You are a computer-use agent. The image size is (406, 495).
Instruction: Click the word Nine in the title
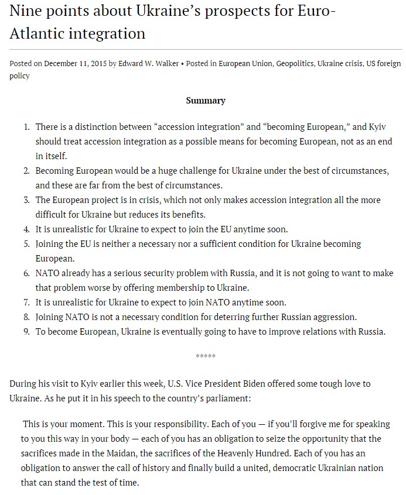[25, 12]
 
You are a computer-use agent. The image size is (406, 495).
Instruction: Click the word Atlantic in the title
[37, 33]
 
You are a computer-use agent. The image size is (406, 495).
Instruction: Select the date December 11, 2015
[76, 64]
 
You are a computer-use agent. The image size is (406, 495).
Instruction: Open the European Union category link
[245, 64]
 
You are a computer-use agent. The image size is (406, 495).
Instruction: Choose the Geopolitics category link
[294, 64]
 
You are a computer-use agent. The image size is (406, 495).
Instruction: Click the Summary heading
[206, 101]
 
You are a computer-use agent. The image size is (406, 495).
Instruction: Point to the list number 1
[26, 127]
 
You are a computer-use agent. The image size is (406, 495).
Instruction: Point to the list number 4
[26, 229]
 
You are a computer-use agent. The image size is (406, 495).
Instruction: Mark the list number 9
[26, 332]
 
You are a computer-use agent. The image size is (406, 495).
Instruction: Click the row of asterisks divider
[206, 356]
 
